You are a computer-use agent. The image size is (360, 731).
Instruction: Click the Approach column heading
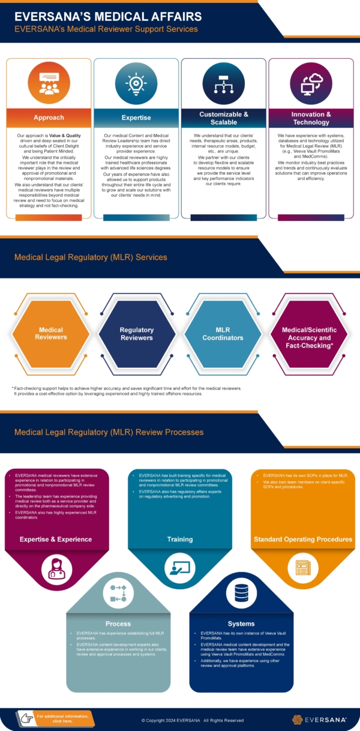point(49,118)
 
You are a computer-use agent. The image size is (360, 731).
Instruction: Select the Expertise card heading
point(136,118)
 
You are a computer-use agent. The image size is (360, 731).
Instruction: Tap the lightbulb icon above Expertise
point(136,83)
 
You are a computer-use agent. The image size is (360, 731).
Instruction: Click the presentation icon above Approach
point(49,83)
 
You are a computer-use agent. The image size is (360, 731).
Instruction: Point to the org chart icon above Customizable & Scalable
point(223,83)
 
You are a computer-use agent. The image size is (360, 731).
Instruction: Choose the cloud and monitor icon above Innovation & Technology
point(311,83)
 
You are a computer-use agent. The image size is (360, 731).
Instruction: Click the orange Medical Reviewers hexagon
point(50,334)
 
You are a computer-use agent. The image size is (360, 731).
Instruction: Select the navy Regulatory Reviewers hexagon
point(136,334)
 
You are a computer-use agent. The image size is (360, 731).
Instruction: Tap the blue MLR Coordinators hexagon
point(222,334)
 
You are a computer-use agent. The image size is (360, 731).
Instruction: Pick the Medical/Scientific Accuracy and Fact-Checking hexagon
point(309,334)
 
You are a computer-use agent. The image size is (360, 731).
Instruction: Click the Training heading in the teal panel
point(180,539)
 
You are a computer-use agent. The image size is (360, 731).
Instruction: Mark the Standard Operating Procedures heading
point(302,539)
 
